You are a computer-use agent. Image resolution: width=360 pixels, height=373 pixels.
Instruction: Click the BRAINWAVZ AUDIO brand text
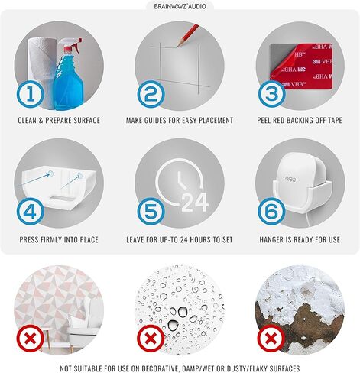click(x=180, y=6)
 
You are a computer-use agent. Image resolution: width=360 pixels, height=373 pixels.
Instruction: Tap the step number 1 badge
click(x=31, y=94)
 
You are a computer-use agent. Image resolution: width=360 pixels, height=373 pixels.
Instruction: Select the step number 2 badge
click(x=151, y=94)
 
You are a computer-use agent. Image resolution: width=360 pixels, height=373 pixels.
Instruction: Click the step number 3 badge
click(x=271, y=94)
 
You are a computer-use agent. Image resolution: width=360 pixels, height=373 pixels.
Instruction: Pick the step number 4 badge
click(x=31, y=212)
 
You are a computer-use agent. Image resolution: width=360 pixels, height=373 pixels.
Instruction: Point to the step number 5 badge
click(x=151, y=212)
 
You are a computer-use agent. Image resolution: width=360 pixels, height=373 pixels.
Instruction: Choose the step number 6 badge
click(x=271, y=212)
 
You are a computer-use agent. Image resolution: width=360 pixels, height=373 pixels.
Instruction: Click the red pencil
click(x=188, y=35)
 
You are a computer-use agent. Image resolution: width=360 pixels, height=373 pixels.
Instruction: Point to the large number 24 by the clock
click(x=195, y=203)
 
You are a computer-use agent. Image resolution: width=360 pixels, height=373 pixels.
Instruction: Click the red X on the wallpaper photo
click(x=31, y=339)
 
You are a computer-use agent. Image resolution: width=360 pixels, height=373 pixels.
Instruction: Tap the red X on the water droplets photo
click(x=151, y=339)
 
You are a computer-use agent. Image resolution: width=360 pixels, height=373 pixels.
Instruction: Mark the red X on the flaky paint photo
click(x=271, y=339)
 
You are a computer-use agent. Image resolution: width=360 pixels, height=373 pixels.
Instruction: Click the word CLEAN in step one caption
click(x=27, y=120)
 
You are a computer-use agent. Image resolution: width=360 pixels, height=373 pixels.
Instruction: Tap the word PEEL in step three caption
click(x=264, y=120)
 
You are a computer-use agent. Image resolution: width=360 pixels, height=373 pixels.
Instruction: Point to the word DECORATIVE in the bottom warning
click(x=159, y=368)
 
